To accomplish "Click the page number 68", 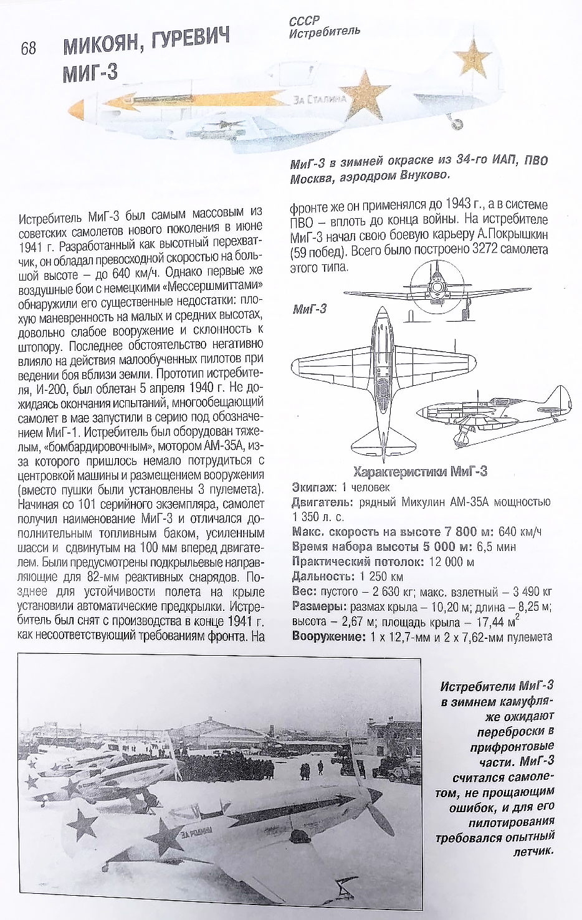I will coord(29,48).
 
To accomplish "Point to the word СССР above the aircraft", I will coord(304,21).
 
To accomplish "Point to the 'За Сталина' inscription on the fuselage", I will coord(319,99).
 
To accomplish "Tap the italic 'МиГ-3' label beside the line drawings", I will coord(310,309).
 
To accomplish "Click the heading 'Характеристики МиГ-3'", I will coord(420,472).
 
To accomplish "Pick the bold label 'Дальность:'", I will coord(322,577).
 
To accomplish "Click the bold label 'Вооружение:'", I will coord(328,636).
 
